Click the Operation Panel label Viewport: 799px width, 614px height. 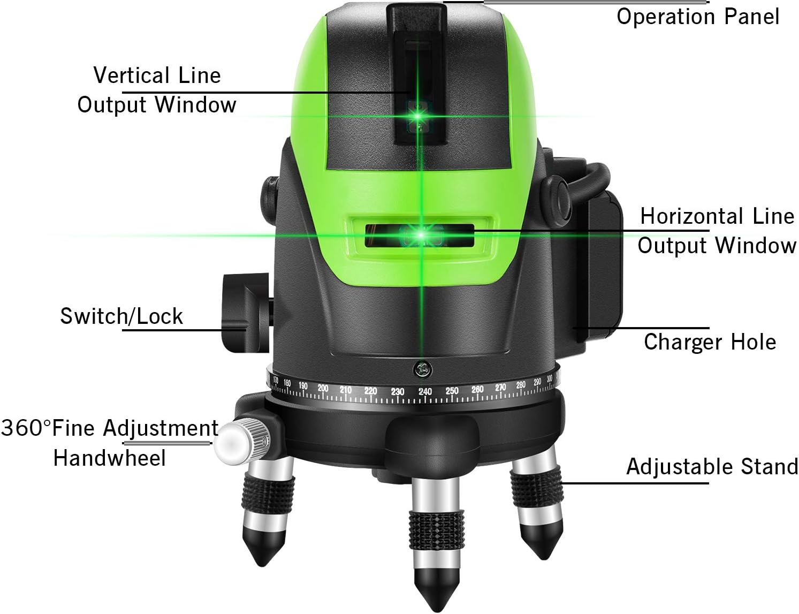[697, 17]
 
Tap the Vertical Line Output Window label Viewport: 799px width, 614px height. [157, 90]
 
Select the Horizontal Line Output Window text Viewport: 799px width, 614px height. [717, 231]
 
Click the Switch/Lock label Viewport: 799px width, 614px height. [121, 316]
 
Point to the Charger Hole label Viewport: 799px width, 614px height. [710, 342]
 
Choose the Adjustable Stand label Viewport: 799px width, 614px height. [712, 466]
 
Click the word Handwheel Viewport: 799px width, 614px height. [110, 458]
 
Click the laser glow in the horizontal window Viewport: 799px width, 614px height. [421, 235]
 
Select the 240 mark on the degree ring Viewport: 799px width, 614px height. [425, 392]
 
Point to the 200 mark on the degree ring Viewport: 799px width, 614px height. [323, 388]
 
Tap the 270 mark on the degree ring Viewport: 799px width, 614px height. [500, 387]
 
